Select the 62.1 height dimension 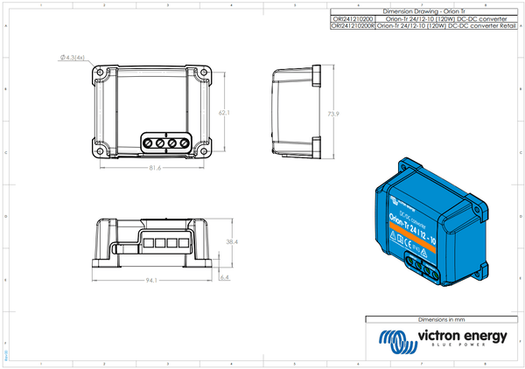point(224,113)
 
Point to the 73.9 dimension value point(332,114)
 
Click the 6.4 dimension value point(225,277)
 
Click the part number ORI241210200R point(353,27)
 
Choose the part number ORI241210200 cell point(353,18)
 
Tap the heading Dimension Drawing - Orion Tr point(423,10)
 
